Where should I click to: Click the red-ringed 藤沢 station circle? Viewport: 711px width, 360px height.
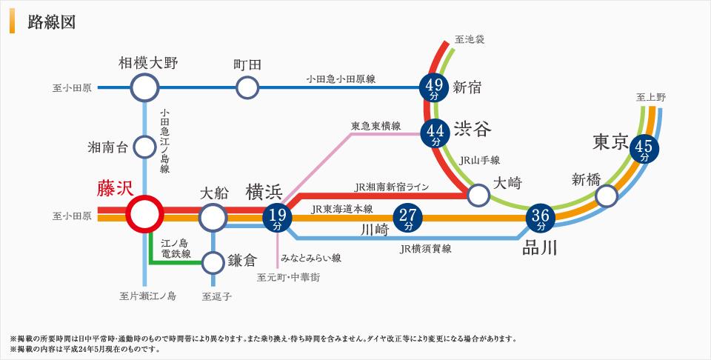tap(144, 216)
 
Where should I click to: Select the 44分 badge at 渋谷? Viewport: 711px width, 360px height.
tap(435, 133)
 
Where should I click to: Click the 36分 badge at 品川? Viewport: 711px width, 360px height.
tap(539, 218)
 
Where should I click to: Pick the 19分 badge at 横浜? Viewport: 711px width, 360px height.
tap(277, 217)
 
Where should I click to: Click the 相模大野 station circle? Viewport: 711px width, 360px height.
tap(144, 89)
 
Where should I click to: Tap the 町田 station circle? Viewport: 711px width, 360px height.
tap(247, 89)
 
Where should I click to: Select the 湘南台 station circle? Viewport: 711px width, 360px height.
tap(144, 147)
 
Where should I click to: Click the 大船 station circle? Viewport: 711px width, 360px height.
tap(213, 217)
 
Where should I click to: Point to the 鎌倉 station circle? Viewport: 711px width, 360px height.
tap(213, 261)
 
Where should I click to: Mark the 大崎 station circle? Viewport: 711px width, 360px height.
tap(478, 195)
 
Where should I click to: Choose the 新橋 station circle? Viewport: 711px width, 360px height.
tap(607, 195)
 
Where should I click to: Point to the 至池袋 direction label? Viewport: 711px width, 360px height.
tap(470, 39)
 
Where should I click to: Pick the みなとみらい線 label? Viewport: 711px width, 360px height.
tap(310, 259)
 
